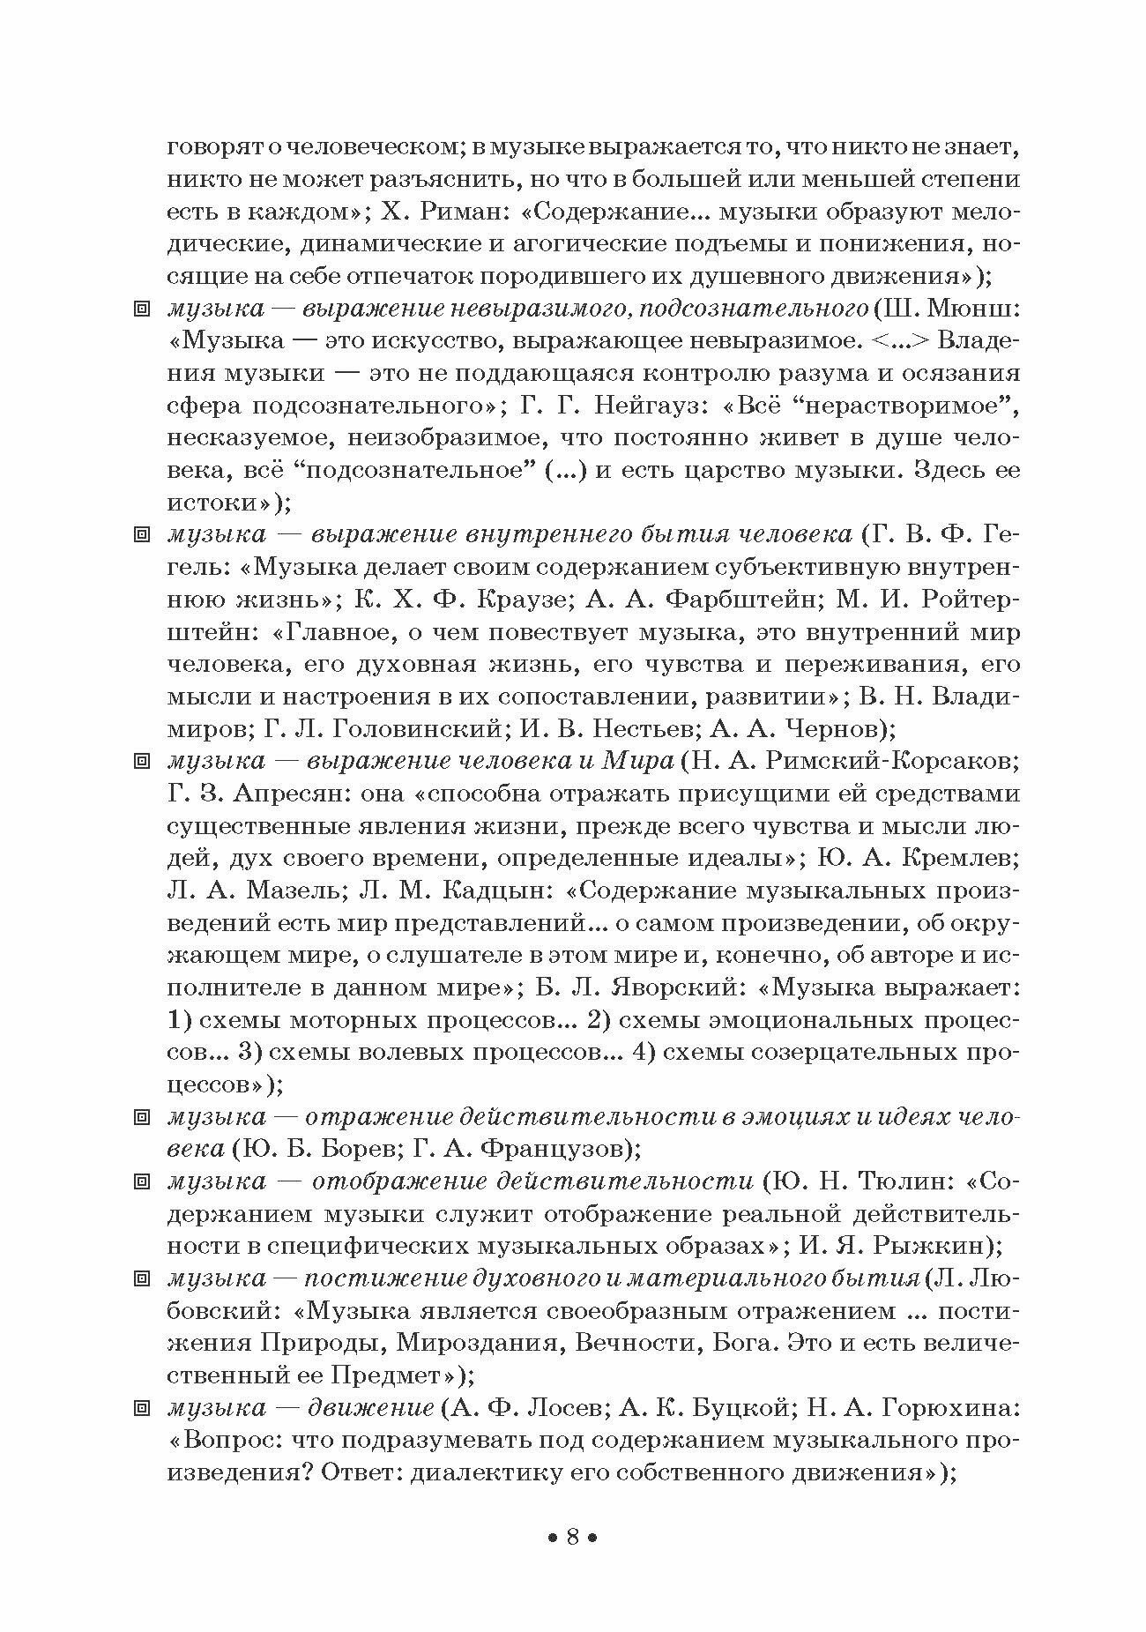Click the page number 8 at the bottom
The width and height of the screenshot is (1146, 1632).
click(x=572, y=1539)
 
